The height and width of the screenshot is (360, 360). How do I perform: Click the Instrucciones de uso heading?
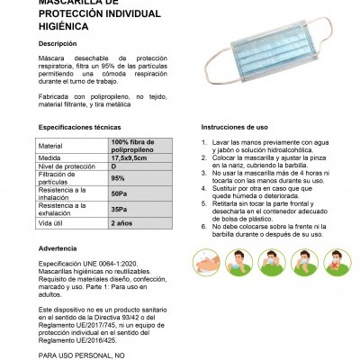pyautogui.click(x=236, y=128)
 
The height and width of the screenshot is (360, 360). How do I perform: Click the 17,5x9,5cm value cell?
pyautogui.click(x=131, y=157)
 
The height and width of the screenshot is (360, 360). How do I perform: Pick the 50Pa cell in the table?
pyautogui.click(x=119, y=193)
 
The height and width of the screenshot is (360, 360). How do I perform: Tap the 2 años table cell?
pyautogui.click(x=122, y=221)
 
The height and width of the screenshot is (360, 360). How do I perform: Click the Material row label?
pyautogui.click(x=51, y=145)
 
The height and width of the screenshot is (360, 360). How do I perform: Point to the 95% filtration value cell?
pyautogui.click(x=118, y=178)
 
